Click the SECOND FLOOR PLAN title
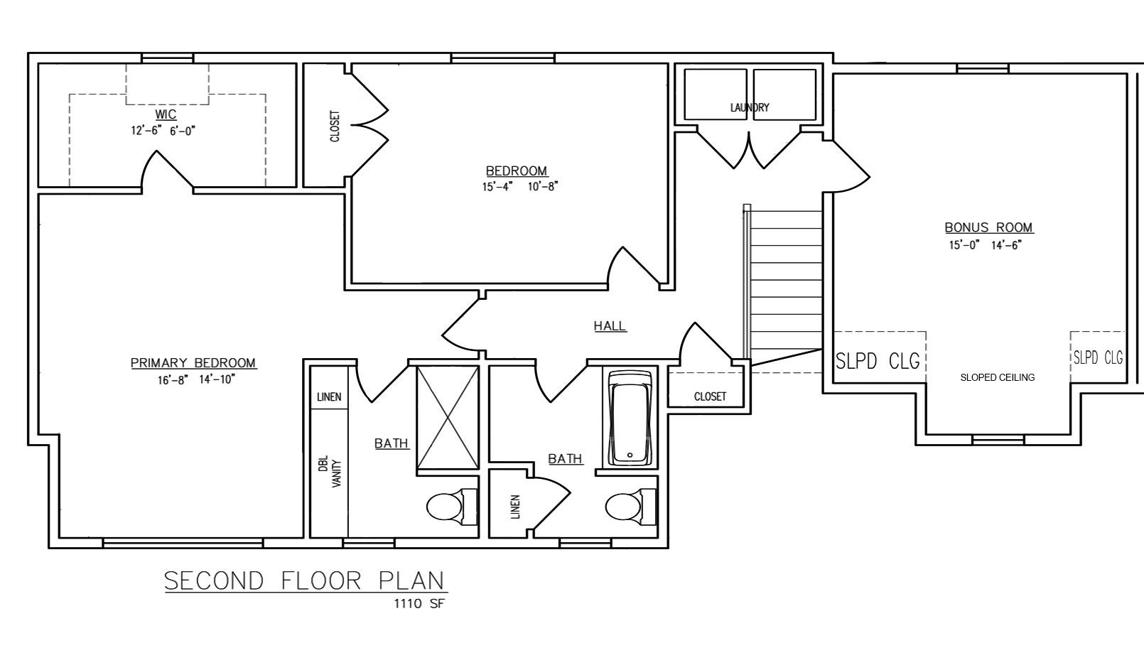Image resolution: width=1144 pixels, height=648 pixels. tap(306, 580)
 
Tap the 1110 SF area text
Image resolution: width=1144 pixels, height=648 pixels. tap(419, 604)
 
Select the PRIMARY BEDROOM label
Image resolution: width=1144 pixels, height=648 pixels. tap(193, 363)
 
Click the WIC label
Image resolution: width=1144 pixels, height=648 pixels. tap(166, 114)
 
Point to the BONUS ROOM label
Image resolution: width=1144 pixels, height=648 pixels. tap(988, 227)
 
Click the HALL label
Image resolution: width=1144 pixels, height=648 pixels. tap(610, 326)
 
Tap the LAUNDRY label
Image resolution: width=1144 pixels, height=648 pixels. tap(750, 107)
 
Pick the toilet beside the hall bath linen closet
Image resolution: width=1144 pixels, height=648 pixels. tap(628, 507)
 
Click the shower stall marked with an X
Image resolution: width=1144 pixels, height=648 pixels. tap(448, 418)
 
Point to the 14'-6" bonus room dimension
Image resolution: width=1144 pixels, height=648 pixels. tap(1006, 245)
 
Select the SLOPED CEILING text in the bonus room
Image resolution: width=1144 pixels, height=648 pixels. tap(997, 377)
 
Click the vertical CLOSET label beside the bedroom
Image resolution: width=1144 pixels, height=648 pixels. tap(335, 126)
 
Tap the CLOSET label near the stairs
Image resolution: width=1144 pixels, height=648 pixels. tap(710, 396)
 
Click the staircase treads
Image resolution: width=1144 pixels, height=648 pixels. tap(786, 284)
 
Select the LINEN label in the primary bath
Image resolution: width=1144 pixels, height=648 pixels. tap(329, 397)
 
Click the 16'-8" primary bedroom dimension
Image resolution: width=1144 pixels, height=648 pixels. tap(171, 379)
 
